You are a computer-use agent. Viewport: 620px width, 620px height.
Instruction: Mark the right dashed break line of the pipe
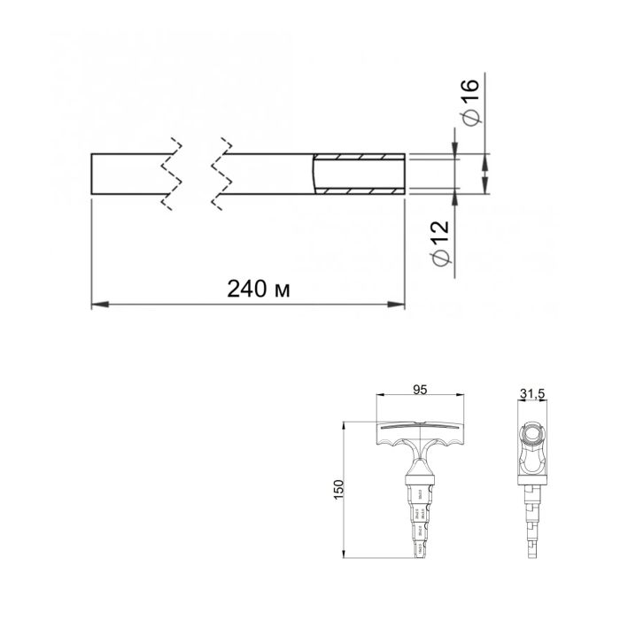click(x=221, y=174)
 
